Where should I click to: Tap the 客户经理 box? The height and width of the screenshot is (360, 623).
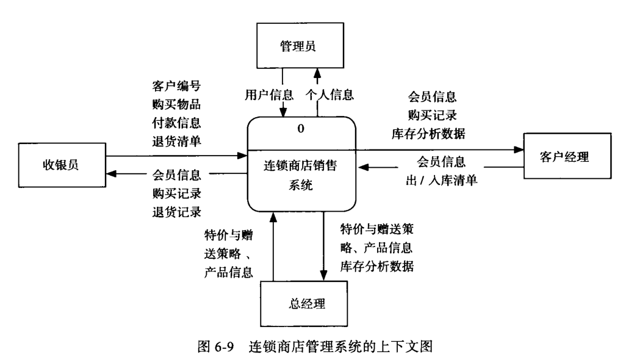(564, 158)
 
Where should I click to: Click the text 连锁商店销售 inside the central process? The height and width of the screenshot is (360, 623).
(300, 165)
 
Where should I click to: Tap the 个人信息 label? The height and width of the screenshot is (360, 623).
(330, 95)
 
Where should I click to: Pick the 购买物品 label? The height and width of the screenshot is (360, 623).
(176, 104)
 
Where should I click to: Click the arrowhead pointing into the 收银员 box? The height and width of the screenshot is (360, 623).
(111, 175)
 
